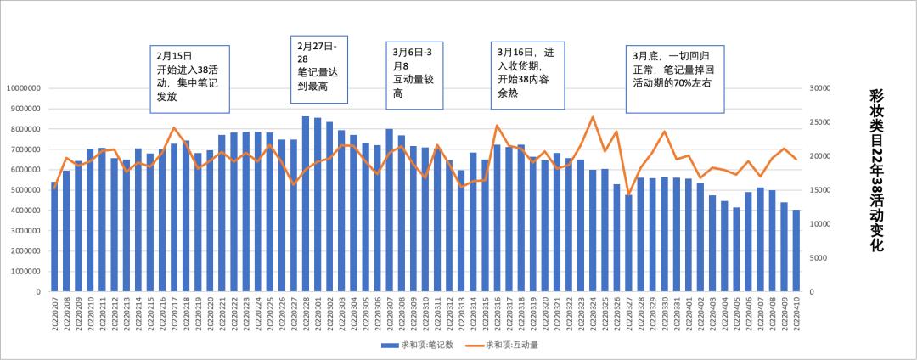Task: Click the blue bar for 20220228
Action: (306, 204)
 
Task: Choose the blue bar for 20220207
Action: (55, 237)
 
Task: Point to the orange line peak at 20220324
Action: (593, 117)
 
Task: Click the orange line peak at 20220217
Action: (174, 128)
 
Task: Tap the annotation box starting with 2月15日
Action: (191, 79)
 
